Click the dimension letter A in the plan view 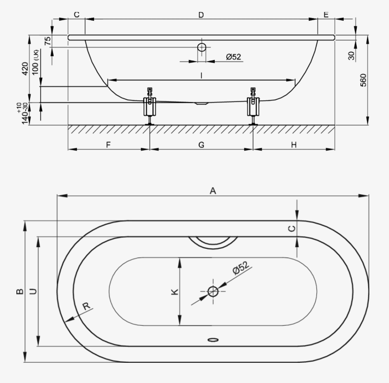(x=213, y=191)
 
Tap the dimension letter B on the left (x=20, y=291)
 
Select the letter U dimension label (x=33, y=291)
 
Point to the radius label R (x=86, y=306)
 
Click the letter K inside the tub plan (x=175, y=291)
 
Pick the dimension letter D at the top (x=201, y=15)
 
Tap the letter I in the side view (x=202, y=75)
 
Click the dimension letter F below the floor (x=108, y=145)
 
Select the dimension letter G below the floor (x=202, y=145)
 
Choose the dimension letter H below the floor (x=294, y=145)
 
